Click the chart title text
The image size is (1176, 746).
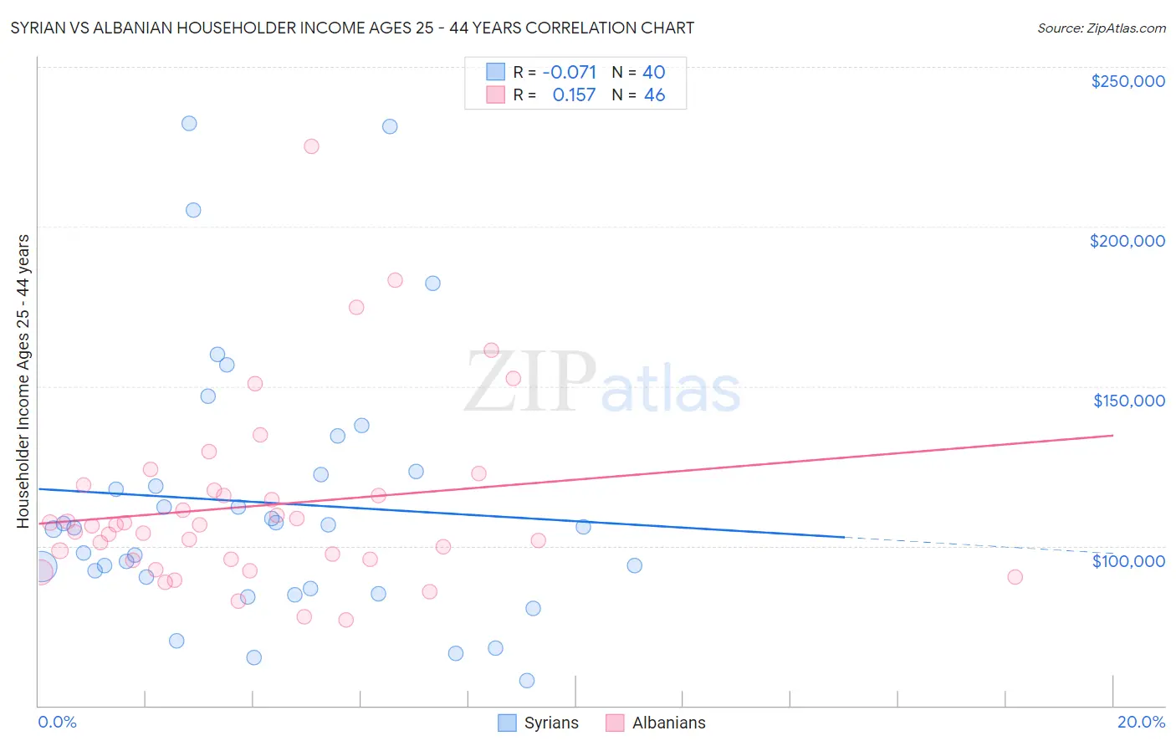pyautogui.click(x=352, y=28)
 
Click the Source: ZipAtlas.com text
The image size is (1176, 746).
pyautogui.click(x=1101, y=28)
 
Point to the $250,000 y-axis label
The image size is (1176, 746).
pyautogui.click(x=1127, y=81)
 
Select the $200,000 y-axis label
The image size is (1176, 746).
pyautogui.click(x=1127, y=241)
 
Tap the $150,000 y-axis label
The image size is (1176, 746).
pyautogui.click(x=1128, y=401)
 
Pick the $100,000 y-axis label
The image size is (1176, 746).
pyautogui.click(x=1128, y=560)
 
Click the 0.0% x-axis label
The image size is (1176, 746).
pyautogui.click(x=57, y=722)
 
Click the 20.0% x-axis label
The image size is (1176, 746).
pyautogui.click(x=1141, y=722)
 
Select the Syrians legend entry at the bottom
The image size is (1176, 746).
pyautogui.click(x=538, y=723)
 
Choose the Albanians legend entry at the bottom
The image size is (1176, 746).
pyautogui.click(x=656, y=723)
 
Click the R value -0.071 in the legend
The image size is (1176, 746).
pyautogui.click(x=569, y=72)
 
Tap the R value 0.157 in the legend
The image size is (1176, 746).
pyautogui.click(x=574, y=95)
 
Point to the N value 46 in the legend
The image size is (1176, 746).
pyautogui.click(x=654, y=95)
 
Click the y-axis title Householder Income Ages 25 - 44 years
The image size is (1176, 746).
pyautogui.click(x=23, y=381)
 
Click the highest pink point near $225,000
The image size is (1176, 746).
pyautogui.click(x=311, y=146)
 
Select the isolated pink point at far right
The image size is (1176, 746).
pyautogui.click(x=1015, y=577)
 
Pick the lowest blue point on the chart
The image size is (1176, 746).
pyautogui.click(x=527, y=681)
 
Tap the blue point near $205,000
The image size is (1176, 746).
pyautogui.click(x=193, y=210)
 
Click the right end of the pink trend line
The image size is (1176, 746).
pyautogui.click(x=1112, y=435)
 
